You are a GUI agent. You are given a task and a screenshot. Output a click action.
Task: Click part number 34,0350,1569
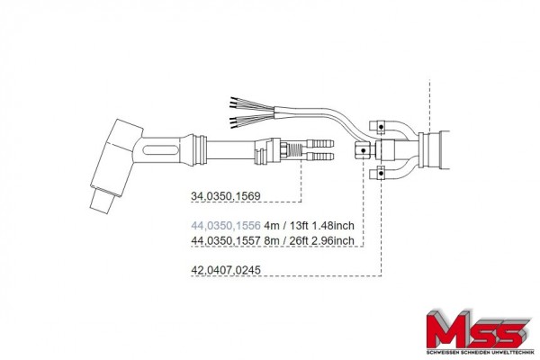226,196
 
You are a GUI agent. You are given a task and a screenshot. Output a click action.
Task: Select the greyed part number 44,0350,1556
226,226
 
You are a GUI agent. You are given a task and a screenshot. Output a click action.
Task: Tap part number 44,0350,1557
226,240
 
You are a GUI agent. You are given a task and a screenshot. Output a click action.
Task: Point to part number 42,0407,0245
226,270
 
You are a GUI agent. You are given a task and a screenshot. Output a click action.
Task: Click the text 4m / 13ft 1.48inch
309,226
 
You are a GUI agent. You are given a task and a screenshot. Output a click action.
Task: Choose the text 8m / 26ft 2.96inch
309,240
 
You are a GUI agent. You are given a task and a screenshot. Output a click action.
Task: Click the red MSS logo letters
478,330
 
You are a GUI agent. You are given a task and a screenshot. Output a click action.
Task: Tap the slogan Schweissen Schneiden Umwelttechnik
480,353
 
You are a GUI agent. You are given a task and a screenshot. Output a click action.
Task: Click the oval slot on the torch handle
161,150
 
